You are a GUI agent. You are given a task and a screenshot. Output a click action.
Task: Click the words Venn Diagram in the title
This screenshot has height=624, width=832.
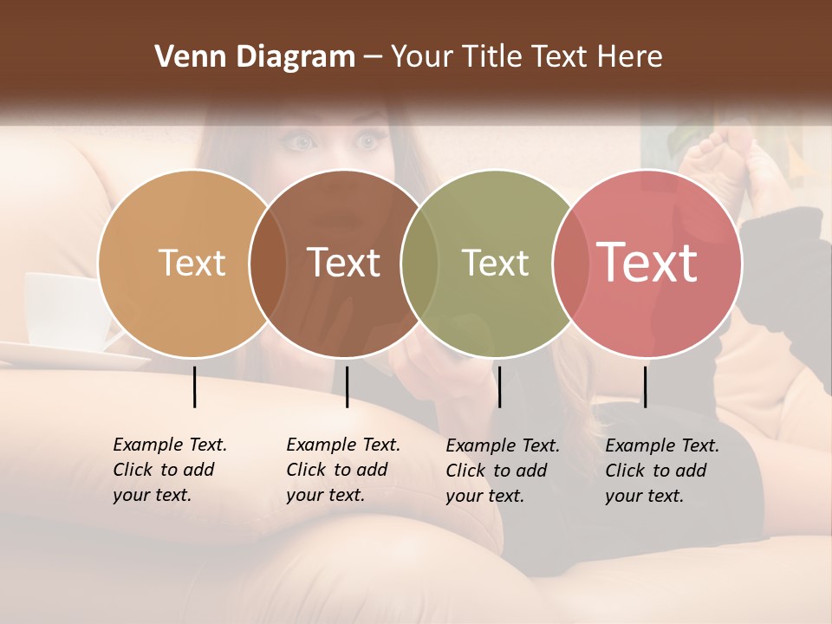(x=255, y=57)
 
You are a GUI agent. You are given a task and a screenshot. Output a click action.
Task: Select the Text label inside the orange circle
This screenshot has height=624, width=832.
(x=192, y=263)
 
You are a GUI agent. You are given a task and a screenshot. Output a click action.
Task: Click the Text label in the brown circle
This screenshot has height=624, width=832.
(x=343, y=263)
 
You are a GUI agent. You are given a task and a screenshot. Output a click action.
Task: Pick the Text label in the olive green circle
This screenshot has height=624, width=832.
(x=495, y=263)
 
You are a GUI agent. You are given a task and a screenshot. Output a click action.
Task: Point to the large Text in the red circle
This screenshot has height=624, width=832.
(x=647, y=263)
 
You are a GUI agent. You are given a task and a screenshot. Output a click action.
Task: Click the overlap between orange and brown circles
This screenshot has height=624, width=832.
(x=268, y=263)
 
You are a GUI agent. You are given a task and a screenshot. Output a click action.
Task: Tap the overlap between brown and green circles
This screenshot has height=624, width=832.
(x=419, y=263)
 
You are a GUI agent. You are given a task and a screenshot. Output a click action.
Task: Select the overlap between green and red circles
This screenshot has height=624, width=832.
(x=570, y=263)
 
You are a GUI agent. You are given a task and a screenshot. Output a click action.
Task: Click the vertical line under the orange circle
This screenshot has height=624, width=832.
(x=194, y=387)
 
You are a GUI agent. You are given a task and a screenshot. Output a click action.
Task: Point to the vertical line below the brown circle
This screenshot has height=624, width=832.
(x=347, y=387)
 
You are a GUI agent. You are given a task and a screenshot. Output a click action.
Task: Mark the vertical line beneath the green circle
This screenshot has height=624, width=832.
(x=499, y=387)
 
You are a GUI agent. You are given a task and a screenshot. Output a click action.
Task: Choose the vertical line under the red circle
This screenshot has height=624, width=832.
(x=645, y=387)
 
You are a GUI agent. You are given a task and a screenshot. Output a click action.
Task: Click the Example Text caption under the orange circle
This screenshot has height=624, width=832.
(x=169, y=470)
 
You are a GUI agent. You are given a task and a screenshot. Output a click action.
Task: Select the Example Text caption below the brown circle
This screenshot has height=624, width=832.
(x=342, y=470)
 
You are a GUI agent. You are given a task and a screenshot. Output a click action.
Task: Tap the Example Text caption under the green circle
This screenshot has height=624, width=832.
(x=502, y=471)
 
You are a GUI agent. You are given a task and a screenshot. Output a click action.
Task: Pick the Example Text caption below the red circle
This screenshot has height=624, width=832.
(x=661, y=471)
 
